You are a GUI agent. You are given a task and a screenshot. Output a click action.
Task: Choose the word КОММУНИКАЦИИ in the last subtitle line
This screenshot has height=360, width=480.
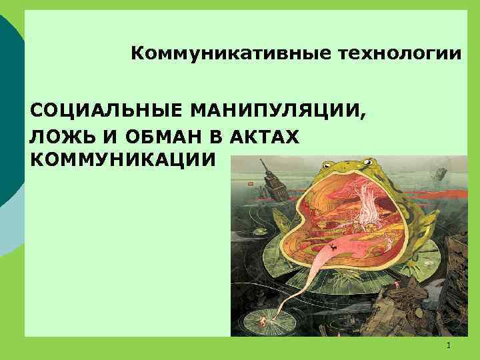tap(123, 160)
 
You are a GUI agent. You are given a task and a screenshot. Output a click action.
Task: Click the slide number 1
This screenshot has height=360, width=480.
tap(449, 345)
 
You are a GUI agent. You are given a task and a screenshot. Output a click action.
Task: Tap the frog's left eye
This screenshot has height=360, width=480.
tap(328, 163)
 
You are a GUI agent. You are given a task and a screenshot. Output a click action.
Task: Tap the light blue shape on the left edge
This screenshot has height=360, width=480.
tap(8, 220)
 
